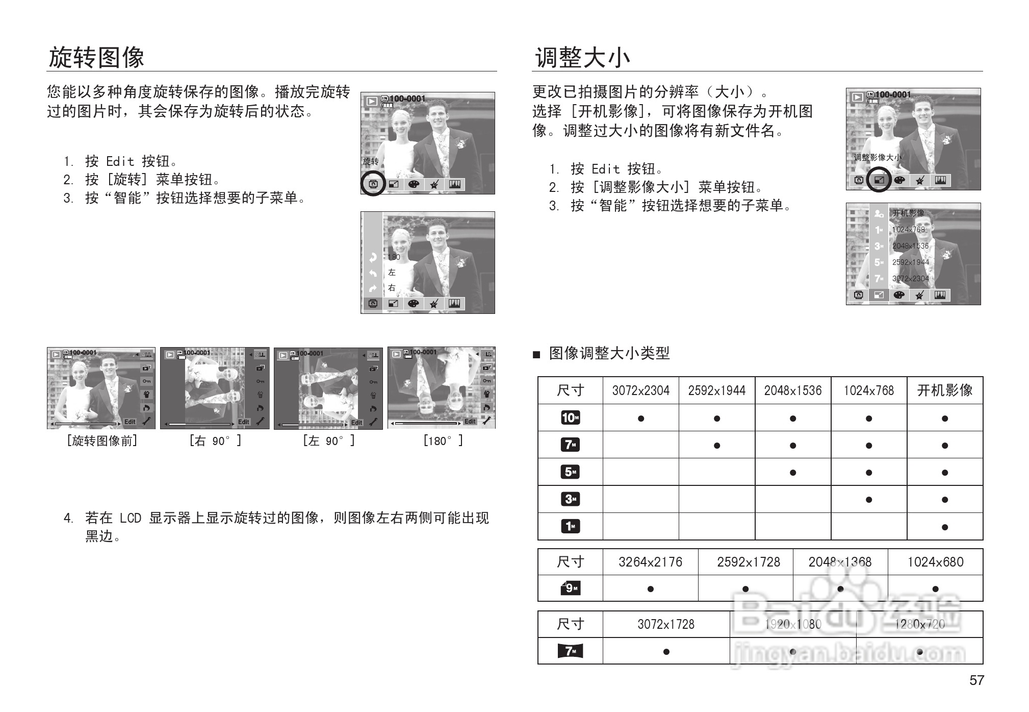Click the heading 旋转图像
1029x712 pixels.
point(96,57)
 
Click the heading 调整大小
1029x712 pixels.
point(582,57)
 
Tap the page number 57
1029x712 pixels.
point(976,680)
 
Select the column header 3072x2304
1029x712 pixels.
point(640,391)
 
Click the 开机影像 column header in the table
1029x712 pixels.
point(945,391)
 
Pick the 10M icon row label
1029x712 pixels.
point(570,418)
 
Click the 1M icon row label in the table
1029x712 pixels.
point(570,526)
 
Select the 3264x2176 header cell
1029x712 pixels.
point(650,562)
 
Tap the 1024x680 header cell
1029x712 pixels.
point(935,562)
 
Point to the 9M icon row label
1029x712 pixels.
point(570,588)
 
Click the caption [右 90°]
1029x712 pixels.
point(215,441)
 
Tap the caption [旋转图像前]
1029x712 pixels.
point(102,441)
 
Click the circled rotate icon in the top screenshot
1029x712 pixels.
point(373,184)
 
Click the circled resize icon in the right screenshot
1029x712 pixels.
point(879,180)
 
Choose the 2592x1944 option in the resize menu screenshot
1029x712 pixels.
point(910,262)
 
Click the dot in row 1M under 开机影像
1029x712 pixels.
point(945,527)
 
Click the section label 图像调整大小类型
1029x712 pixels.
point(609,353)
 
